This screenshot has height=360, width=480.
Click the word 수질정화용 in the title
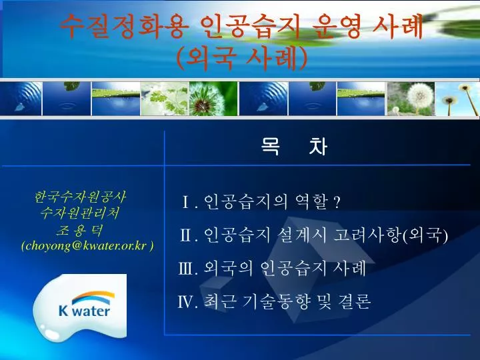tap(124, 26)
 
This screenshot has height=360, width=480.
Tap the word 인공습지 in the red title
tap(250, 26)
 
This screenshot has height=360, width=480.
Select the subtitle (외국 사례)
tap(242, 58)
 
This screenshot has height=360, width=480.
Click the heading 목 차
tap(294, 146)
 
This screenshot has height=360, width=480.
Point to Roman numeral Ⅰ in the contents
tap(186, 202)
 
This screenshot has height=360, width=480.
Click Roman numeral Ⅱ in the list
tap(186, 235)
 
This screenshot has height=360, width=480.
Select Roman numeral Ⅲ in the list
tap(186, 269)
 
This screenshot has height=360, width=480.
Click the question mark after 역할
tap(337, 202)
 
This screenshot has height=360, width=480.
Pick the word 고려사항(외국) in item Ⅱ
tap(391, 235)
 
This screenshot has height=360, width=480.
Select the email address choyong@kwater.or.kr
tap(87, 246)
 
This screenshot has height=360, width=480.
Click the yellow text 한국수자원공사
tap(80, 197)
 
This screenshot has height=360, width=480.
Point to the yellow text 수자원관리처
tap(80, 213)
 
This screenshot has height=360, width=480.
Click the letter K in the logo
tap(64, 310)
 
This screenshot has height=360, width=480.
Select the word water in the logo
tap(91, 311)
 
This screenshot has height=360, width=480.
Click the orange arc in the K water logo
tap(94, 295)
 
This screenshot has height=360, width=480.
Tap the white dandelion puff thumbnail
tap(411, 99)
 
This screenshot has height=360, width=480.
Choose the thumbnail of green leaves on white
tap(165, 99)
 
